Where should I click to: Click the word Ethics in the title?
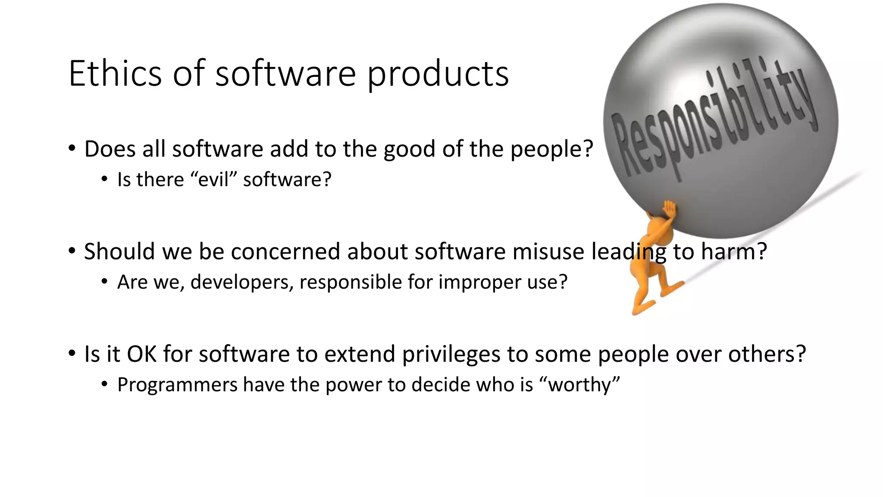click(115, 73)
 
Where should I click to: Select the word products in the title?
click(438, 74)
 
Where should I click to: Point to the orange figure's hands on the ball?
click(670, 209)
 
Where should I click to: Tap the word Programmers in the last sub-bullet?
click(177, 385)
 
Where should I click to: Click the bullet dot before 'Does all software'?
click(72, 148)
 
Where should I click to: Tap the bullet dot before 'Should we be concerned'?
click(72, 251)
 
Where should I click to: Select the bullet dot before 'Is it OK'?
click(72, 353)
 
